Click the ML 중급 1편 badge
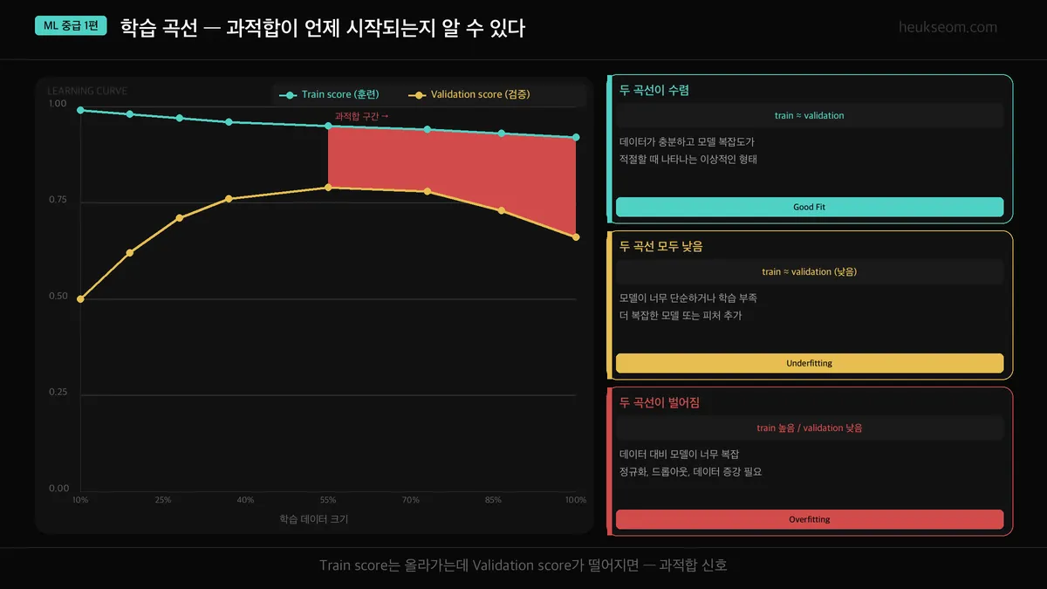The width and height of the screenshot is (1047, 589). coord(71,26)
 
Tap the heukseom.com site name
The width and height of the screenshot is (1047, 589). coord(948,27)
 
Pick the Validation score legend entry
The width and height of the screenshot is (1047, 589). coord(472,94)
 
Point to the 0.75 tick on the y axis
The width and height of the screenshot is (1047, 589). coord(58,200)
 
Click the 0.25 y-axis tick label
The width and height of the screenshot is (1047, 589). coord(58,392)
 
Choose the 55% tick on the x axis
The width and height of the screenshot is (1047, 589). coord(328,500)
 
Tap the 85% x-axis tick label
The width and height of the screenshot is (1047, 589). coord(493,500)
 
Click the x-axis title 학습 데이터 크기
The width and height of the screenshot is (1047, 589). coord(315,518)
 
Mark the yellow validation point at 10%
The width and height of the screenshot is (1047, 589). coord(80,299)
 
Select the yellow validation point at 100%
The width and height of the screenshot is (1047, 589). coord(576,237)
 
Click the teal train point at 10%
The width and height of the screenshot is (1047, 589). coord(80,110)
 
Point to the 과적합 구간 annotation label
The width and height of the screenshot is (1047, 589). coord(361,116)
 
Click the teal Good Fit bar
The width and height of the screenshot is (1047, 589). coord(809,207)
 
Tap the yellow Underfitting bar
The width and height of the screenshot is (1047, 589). coord(809,363)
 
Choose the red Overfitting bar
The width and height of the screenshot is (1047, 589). coord(809,519)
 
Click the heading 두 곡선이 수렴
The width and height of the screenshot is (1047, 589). coord(654,90)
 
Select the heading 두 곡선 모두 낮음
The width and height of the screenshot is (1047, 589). coord(660,246)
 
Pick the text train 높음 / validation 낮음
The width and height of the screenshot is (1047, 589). coord(809,428)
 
